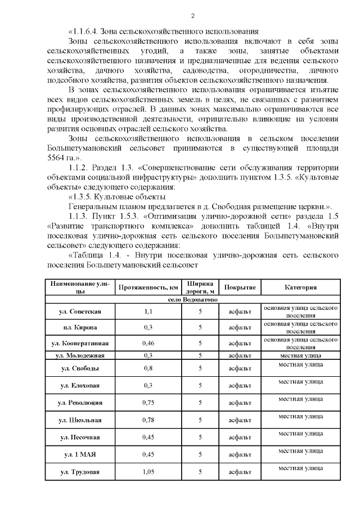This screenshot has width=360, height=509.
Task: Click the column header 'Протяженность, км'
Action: pos(148,287)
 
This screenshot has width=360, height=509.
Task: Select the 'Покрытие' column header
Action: pos(240,287)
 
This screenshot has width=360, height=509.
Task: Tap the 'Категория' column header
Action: pos(300,287)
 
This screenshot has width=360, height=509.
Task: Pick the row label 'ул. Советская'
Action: pos(80,312)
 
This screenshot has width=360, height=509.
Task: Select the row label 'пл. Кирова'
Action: pos(80,327)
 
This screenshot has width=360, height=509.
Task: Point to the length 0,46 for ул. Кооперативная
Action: pos(148,343)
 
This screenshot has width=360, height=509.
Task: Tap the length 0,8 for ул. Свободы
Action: pos(148,368)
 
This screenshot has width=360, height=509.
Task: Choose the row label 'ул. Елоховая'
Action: pos(80,386)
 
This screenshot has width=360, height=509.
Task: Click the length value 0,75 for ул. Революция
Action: pos(148,403)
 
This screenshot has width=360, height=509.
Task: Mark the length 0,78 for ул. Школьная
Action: pos(148,420)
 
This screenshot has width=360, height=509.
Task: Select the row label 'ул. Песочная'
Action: pos(80,437)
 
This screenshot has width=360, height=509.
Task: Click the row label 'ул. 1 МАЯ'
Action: pos(80,454)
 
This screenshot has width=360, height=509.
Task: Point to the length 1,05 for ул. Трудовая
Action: pos(148,471)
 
